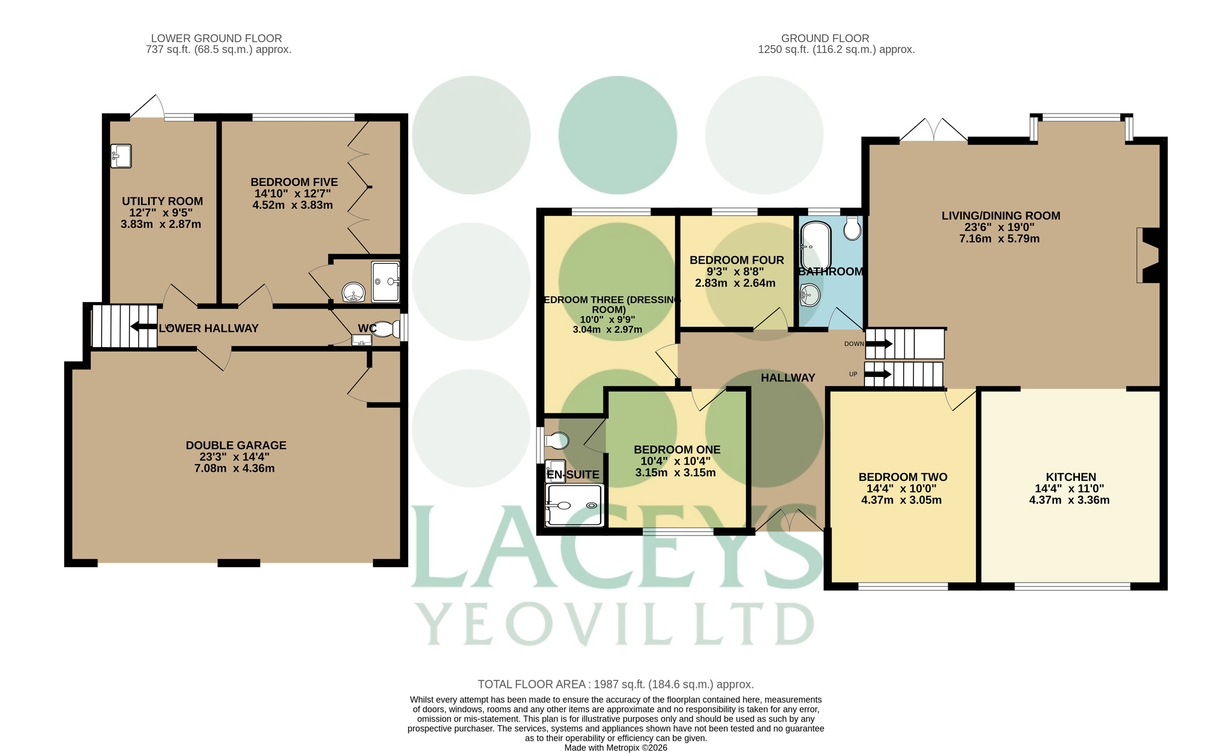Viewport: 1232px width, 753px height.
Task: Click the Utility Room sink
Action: click(x=121, y=156)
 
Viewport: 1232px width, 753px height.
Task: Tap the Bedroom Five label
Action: click(x=294, y=182)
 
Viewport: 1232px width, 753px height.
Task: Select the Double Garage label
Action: click(x=236, y=445)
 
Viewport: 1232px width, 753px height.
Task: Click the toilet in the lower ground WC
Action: click(x=385, y=329)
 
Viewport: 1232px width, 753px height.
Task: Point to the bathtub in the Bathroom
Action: click(x=816, y=247)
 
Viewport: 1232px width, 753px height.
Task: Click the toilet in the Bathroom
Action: click(x=852, y=228)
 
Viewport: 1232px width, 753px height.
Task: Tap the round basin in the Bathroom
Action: click(x=810, y=295)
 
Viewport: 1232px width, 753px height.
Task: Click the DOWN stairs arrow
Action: click(x=878, y=344)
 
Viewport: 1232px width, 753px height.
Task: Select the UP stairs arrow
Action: click(x=878, y=374)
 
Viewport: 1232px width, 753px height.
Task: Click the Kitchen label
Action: click(x=1070, y=477)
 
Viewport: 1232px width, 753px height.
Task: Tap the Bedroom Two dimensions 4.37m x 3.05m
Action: click(x=901, y=500)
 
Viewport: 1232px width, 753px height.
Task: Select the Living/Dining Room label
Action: click(x=1001, y=216)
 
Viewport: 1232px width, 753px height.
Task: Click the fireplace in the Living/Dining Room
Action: click(x=1148, y=255)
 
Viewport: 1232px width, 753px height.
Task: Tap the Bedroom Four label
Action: click(x=736, y=260)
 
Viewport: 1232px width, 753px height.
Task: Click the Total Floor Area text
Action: click(x=616, y=685)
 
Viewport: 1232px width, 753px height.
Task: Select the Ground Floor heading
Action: click(x=825, y=38)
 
